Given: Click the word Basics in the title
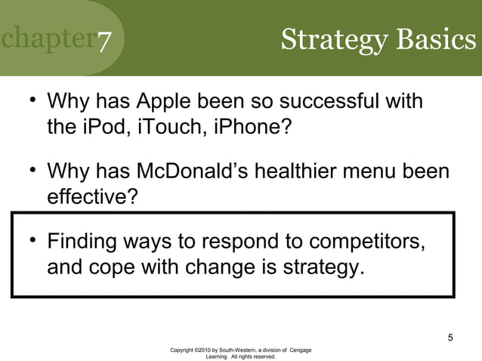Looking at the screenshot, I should click(x=436, y=39).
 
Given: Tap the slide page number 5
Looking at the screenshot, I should click(x=450, y=337).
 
